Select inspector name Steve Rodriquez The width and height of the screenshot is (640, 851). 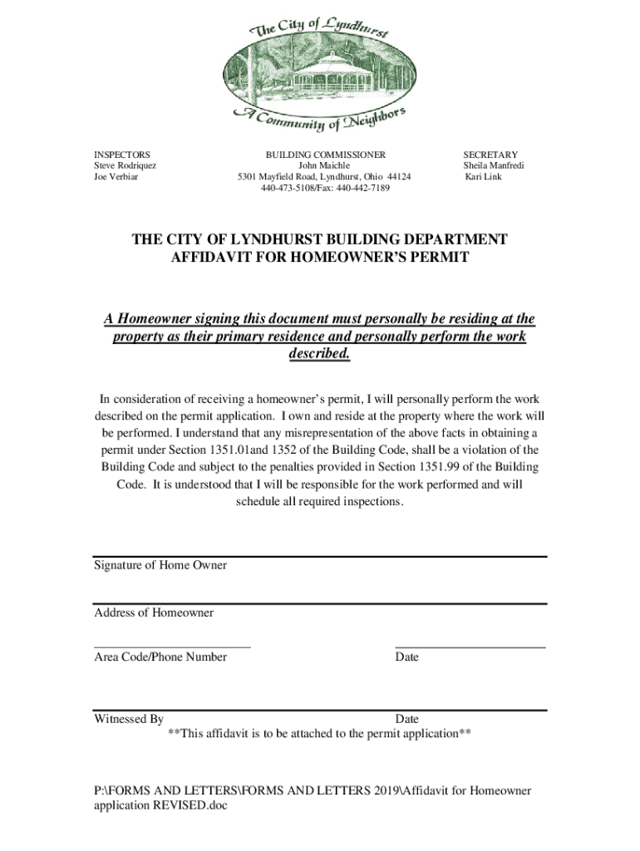click(125, 165)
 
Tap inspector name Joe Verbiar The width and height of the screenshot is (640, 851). click(116, 177)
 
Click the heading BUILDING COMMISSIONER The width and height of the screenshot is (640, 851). click(326, 155)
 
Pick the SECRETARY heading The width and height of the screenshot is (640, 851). click(490, 155)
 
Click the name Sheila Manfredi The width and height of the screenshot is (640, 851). click(494, 165)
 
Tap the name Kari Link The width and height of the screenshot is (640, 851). click(484, 177)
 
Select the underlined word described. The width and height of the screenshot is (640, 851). click(319, 355)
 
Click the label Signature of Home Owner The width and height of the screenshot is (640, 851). click(160, 565)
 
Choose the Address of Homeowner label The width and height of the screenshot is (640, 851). click(154, 612)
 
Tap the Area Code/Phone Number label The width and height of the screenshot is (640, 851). click(160, 657)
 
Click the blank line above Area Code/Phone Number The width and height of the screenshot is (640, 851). click(172, 646)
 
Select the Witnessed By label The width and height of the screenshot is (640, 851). click(129, 719)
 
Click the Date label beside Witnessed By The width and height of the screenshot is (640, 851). click(407, 719)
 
